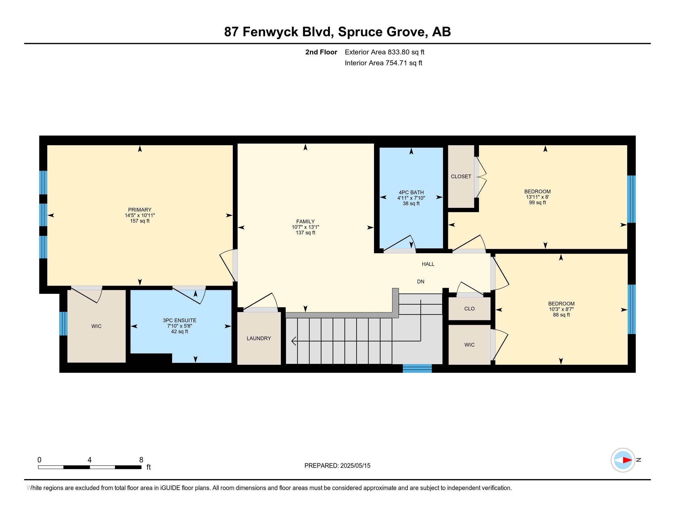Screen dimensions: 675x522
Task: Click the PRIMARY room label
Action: click(140, 210)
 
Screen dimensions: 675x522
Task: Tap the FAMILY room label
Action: click(305, 221)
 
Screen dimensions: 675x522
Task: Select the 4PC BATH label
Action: click(411, 192)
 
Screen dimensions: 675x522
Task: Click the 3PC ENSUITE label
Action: click(179, 320)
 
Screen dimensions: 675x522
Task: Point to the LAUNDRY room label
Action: click(259, 338)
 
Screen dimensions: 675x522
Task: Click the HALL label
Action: click(428, 264)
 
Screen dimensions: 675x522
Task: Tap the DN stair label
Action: click(421, 282)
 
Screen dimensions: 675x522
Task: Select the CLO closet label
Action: click(469, 309)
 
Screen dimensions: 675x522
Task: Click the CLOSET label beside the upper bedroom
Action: click(461, 177)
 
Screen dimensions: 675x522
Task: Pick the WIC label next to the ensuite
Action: click(96, 326)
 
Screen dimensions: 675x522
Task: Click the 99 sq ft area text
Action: click(537, 203)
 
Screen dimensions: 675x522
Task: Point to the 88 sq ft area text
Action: click(561, 315)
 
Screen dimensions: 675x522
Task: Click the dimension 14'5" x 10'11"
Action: click(140, 215)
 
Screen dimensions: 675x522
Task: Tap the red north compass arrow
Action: click(627, 460)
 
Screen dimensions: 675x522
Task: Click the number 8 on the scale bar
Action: click(141, 460)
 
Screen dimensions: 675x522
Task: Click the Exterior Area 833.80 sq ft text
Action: click(384, 52)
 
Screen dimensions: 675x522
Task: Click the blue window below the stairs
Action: click(417, 368)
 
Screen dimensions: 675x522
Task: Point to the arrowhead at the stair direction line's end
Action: click(294, 341)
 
